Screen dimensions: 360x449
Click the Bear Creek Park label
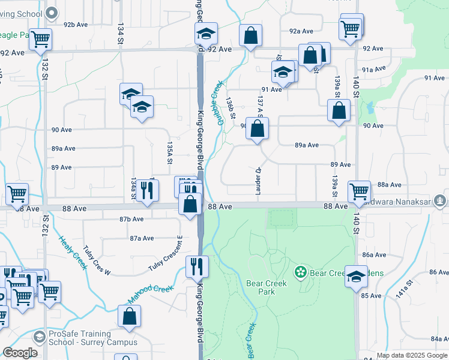point(267,287)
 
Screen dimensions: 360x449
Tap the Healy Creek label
point(71,253)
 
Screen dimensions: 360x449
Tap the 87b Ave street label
point(131,220)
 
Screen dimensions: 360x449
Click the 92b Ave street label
point(77,25)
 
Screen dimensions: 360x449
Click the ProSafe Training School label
point(89,338)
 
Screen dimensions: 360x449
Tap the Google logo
point(20,353)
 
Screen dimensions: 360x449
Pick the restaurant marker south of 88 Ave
point(196,265)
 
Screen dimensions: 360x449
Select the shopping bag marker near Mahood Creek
point(129,316)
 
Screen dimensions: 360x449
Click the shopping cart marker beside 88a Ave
point(359,191)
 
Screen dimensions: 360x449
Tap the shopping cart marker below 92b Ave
point(41,39)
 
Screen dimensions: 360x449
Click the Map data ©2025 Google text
point(412,355)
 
